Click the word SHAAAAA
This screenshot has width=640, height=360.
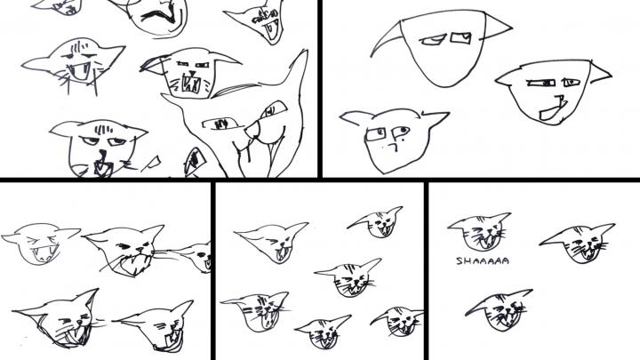click(x=483, y=260)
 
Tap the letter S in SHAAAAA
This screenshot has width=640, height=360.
click(x=460, y=260)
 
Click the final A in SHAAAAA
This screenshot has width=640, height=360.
click(x=505, y=260)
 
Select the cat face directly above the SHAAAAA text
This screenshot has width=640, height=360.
click(x=480, y=232)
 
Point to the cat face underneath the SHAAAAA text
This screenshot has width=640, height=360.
click(x=500, y=310)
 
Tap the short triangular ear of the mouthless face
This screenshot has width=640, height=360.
click(x=497, y=27)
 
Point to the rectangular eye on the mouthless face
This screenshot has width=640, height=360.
click(x=460, y=38)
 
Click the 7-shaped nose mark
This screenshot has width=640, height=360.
click(x=395, y=146)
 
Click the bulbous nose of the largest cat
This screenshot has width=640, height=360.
click(x=253, y=130)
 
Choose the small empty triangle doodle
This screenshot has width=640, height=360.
click(x=153, y=162)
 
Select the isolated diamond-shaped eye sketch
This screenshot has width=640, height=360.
click(x=195, y=160)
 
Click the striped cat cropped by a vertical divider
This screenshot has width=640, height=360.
click(x=398, y=320)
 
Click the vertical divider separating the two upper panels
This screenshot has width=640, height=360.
click(x=320, y=89)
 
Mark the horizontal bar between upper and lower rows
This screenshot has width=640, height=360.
click(x=320, y=180)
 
